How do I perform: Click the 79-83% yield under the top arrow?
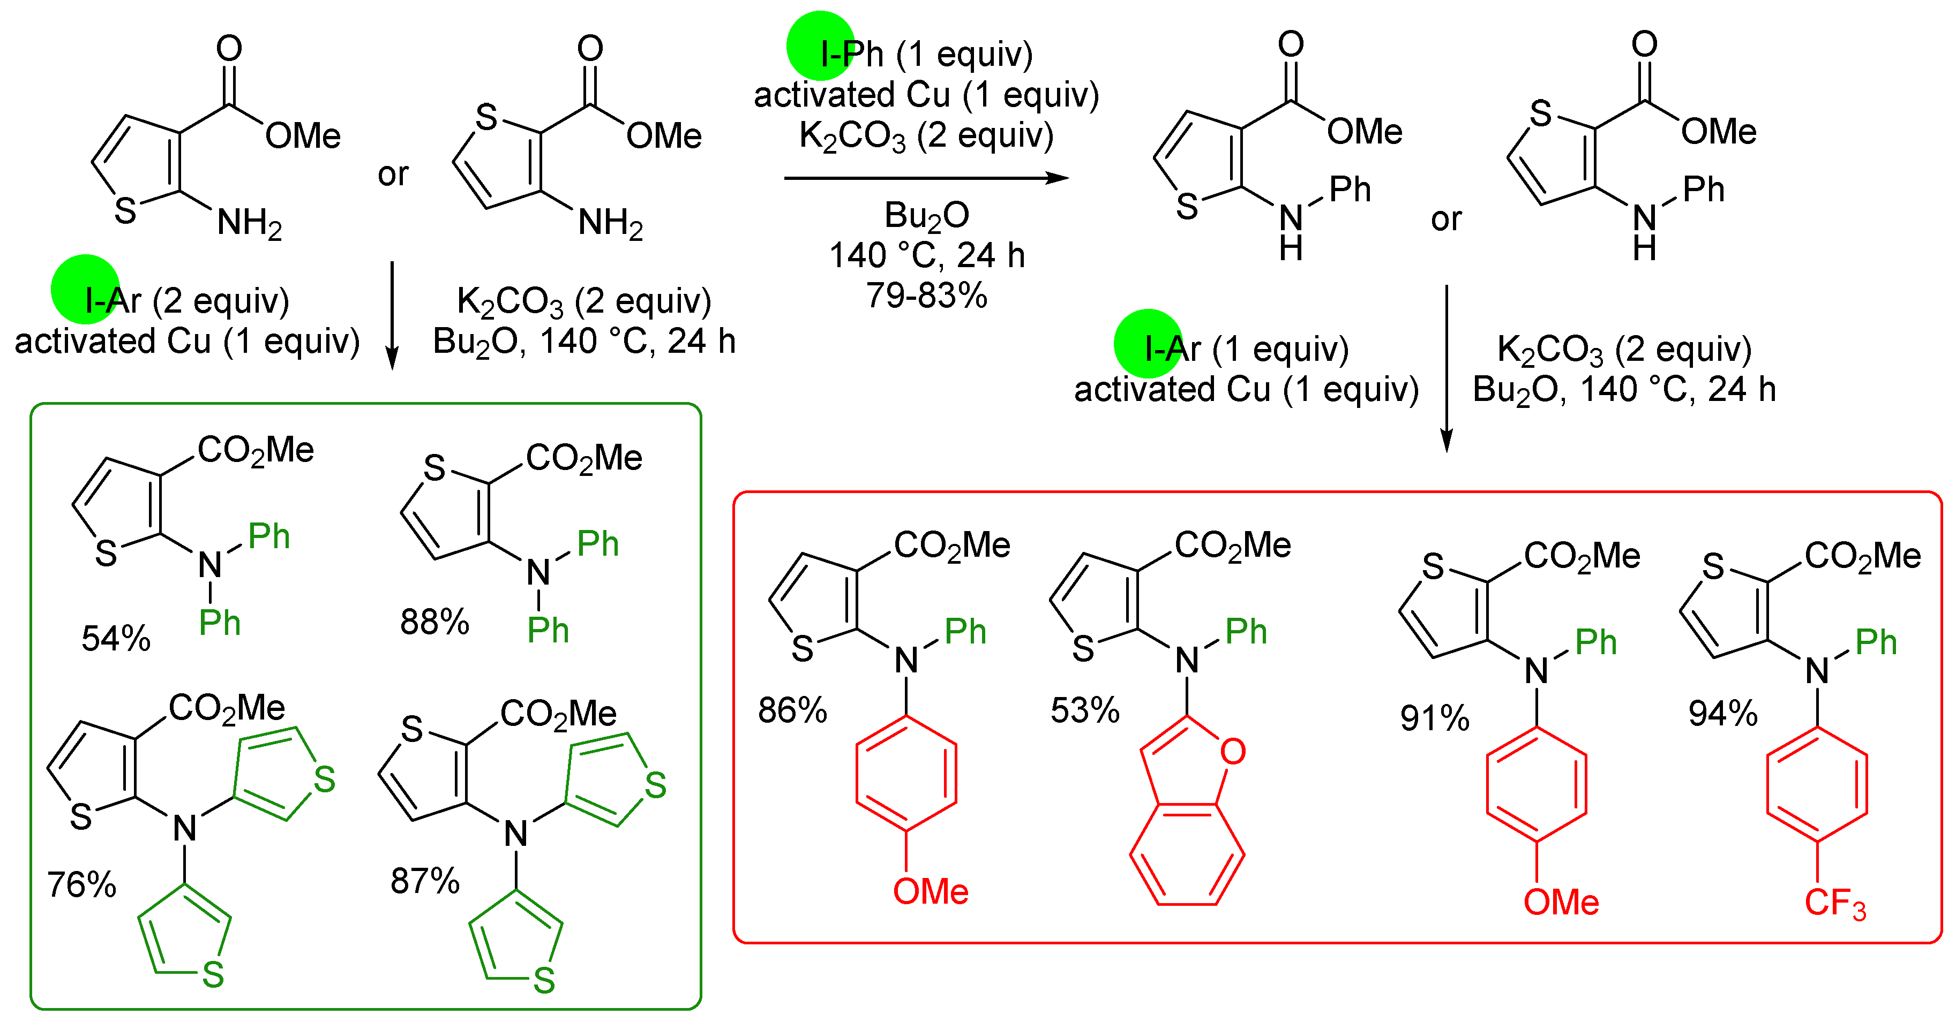click(x=926, y=296)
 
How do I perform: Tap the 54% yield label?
click(x=116, y=638)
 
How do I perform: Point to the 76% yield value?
click(x=81, y=884)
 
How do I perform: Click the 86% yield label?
click(x=792, y=710)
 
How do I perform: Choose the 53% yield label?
click(x=1084, y=710)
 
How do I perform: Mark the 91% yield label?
click(x=1434, y=718)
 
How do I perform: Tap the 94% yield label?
click(x=1722, y=714)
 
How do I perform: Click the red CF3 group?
click(x=1834, y=903)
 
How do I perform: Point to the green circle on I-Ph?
click(x=821, y=46)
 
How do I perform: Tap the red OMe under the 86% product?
click(x=930, y=891)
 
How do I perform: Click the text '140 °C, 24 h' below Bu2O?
click(x=926, y=256)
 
